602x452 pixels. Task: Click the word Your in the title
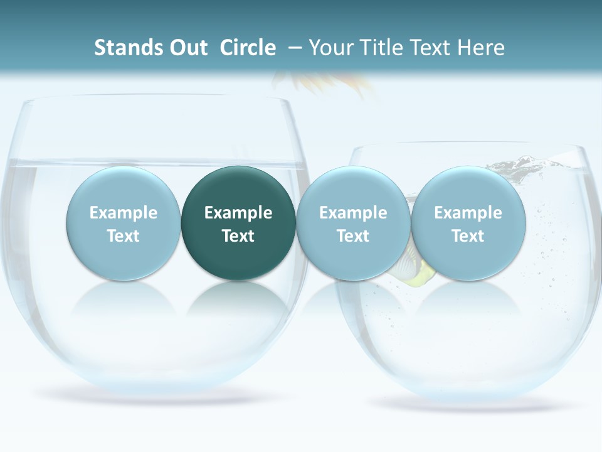click(330, 48)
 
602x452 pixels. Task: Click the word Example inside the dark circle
click(238, 213)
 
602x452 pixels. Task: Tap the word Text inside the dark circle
click(238, 236)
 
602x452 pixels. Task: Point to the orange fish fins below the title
click(326, 84)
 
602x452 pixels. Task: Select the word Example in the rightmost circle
click(468, 213)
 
